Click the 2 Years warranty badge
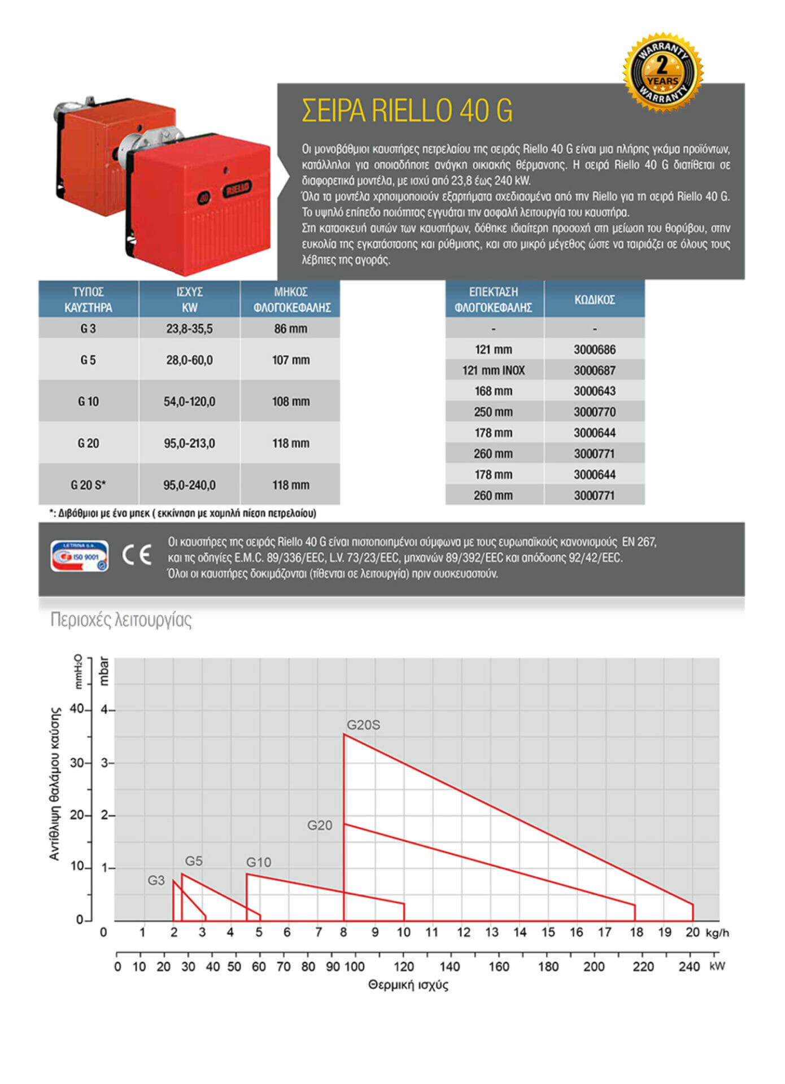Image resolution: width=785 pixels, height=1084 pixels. point(663,72)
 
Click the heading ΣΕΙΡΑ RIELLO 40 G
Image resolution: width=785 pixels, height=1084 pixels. point(407,111)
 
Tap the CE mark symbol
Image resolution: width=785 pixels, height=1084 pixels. point(137,555)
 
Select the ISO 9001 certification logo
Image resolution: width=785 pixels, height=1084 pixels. point(79,556)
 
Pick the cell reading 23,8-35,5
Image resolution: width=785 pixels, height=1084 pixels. point(189,329)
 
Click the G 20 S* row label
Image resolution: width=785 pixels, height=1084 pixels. point(88,485)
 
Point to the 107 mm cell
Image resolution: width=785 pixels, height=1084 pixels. point(291,360)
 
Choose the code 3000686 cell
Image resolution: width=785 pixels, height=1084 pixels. point(594,349)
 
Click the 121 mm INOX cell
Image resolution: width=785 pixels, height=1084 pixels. point(494,370)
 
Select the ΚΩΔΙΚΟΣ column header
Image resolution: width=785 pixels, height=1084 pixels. point(594,300)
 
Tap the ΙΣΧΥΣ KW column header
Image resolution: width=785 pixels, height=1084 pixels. point(189,300)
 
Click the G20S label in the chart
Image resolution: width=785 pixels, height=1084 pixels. point(363,725)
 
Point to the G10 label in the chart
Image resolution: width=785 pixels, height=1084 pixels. point(259,862)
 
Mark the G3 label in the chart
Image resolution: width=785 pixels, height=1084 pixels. point(156,880)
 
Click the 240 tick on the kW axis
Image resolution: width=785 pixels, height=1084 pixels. point(689,967)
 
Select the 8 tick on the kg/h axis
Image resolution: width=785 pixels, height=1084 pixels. point(343,932)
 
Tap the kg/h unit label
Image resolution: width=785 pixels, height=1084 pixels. point(717,933)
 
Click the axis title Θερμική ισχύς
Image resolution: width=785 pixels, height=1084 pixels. point(408,985)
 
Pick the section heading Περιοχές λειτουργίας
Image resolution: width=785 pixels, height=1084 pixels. point(121,620)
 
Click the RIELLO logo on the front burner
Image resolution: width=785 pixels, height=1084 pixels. point(237,189)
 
